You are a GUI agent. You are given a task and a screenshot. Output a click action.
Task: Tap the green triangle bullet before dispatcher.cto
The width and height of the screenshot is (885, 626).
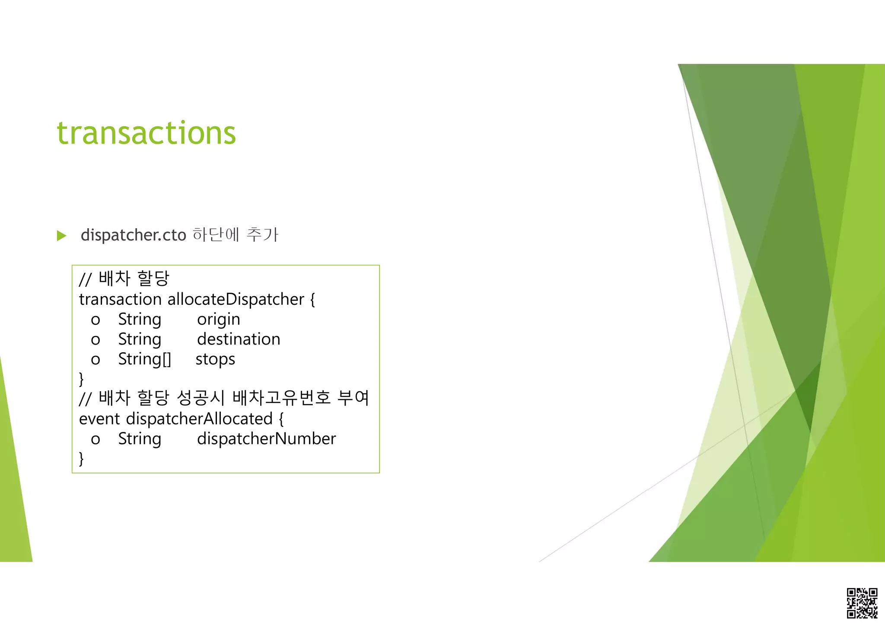tap(62, 236)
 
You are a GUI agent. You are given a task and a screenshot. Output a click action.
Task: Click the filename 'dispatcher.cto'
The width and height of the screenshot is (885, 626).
tap(133, 235)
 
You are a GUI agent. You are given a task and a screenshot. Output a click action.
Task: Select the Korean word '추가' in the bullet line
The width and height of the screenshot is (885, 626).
tap(262, 235)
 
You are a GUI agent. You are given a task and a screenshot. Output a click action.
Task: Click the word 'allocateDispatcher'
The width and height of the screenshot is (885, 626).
tap(236, 299)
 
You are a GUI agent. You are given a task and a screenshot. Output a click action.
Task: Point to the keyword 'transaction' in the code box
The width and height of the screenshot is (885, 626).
tap(120, 299)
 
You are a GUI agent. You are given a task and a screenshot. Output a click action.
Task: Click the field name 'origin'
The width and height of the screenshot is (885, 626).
tap(218, 319)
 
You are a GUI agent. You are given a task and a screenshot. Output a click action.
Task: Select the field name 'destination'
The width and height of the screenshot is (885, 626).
tap(239, 339)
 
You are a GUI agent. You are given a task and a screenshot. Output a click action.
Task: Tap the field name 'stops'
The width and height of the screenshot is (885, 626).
tap(215, 359)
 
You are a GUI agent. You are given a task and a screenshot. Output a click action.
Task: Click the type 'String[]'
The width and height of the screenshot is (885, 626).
tap(145, 359)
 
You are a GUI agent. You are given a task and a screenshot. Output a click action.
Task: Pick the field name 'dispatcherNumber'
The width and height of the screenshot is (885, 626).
tap(266, 439)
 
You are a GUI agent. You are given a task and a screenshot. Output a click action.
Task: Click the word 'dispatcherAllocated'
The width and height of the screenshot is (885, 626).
tap(199, 419)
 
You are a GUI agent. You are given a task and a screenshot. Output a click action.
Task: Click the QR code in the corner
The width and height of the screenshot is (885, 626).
tap(862, 603)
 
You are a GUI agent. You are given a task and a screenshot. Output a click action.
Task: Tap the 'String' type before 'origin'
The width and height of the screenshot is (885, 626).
tap(140, 319)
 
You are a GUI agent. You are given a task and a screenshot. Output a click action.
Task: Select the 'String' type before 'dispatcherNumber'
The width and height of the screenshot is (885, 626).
tap(140, 439)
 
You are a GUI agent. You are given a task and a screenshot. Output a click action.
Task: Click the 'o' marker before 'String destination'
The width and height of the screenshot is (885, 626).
tap(96, 340)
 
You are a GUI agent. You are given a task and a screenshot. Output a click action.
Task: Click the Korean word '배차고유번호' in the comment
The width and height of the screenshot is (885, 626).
tap(281, 398)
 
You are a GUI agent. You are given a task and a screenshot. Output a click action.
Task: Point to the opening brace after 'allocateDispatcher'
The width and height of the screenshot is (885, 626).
tap(313, 299)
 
